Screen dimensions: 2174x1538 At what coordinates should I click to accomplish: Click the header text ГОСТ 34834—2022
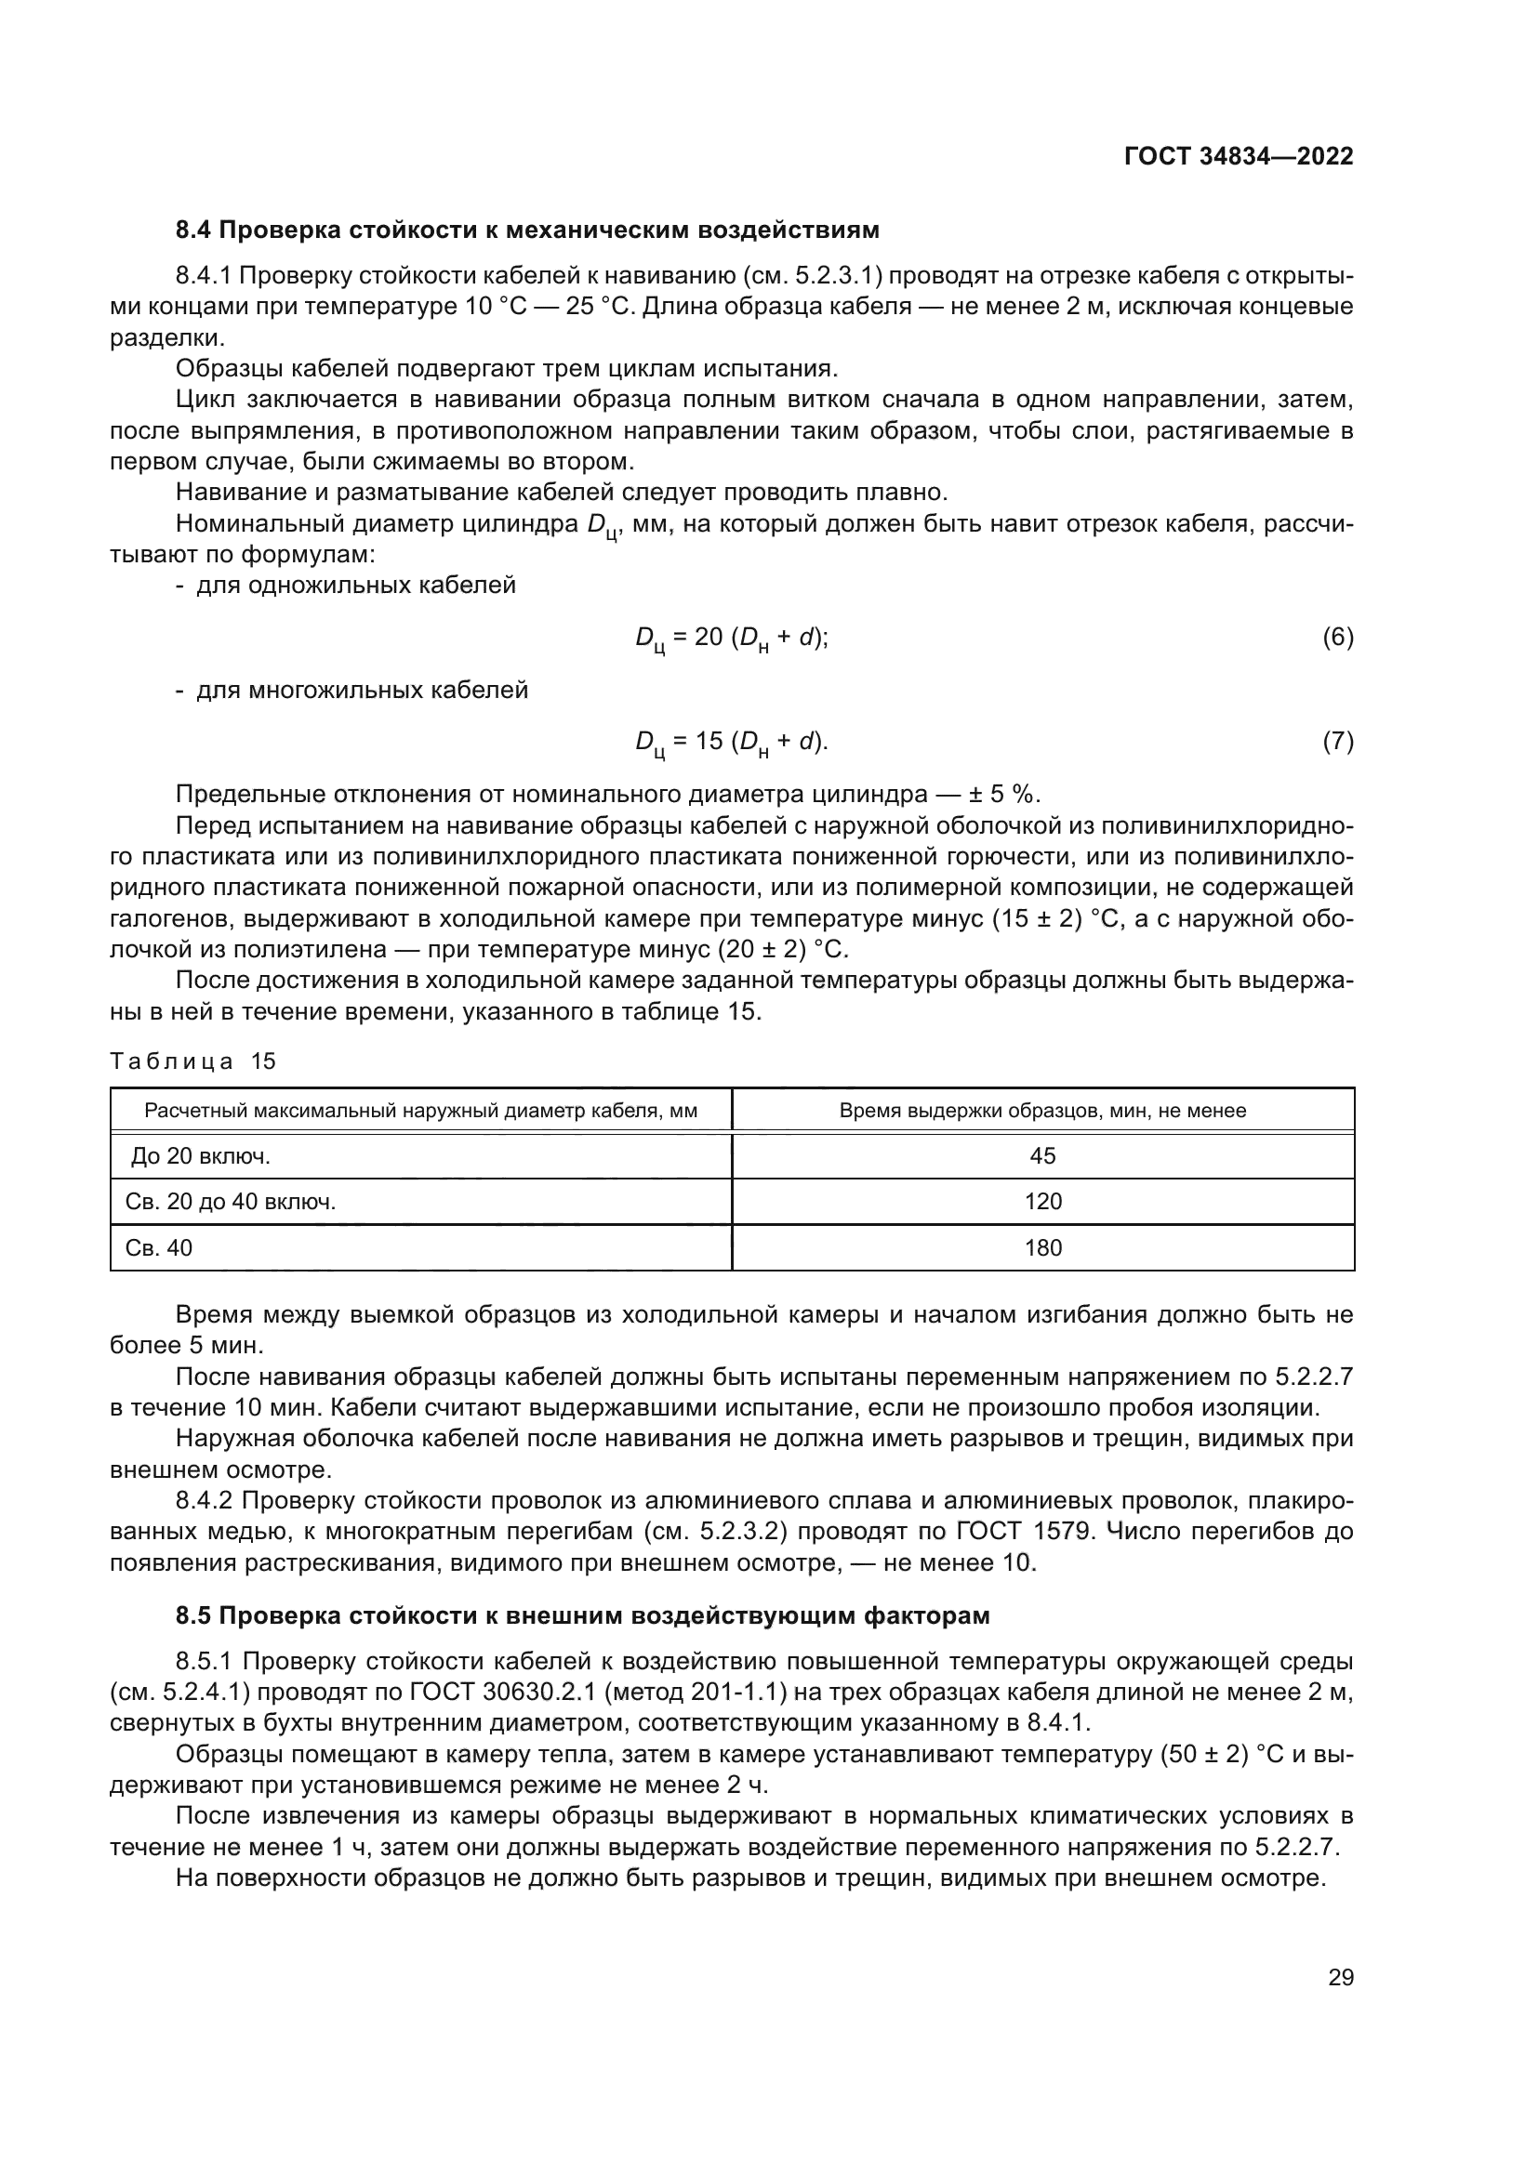coord(1238,156)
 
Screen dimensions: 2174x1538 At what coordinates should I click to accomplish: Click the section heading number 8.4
coord(195,231)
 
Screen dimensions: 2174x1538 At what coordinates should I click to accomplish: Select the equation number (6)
coord(1337,638)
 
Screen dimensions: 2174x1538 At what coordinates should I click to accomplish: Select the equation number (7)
coord(1337,742)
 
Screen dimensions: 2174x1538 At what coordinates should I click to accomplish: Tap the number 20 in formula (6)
coord(709,638)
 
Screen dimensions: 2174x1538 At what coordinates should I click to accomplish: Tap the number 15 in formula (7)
coord(709,742)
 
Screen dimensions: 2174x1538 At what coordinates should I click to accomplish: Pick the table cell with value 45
coord(1042,1155)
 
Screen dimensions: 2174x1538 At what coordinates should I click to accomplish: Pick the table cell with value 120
coord(1042,1202)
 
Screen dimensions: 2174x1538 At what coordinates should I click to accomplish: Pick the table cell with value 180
coord(1042,1248)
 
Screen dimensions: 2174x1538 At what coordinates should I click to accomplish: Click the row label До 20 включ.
coord(201,1155)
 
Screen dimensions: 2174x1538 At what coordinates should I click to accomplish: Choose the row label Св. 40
coord(158,1248)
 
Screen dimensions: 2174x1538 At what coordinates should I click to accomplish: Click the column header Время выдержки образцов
coord(1042,1111)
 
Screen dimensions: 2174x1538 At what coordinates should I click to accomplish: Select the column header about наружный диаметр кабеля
coord(420,1111)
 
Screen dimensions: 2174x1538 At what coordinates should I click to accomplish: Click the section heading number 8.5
coord(195,1615)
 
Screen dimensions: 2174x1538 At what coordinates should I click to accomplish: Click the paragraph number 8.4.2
coord(206,1500)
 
